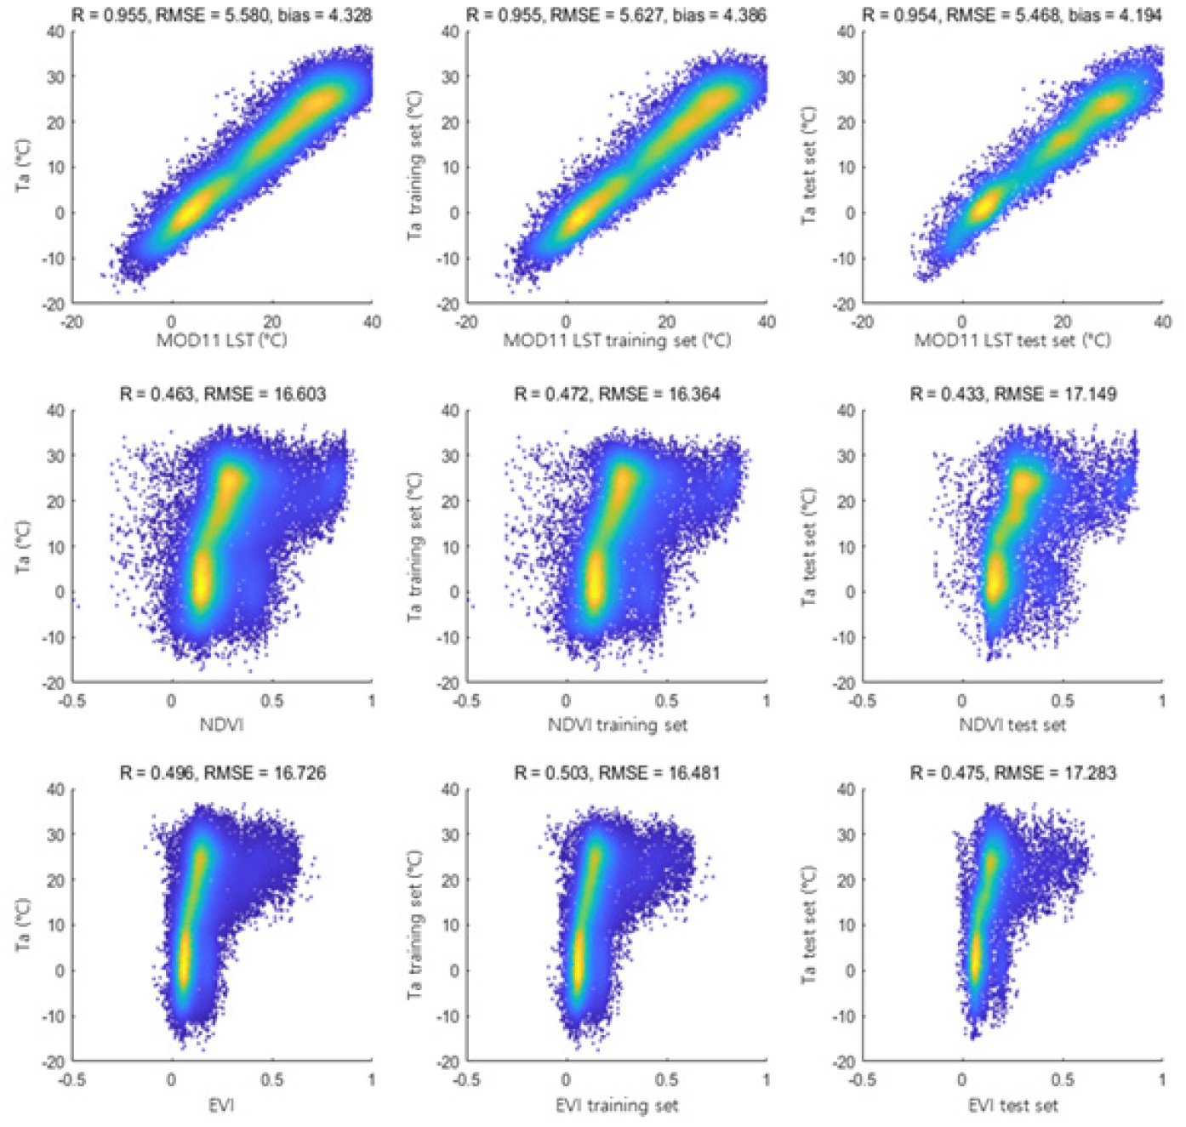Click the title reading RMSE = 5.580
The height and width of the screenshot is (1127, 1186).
[x=222, y=14]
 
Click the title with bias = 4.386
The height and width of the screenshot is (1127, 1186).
[x=617, y=14]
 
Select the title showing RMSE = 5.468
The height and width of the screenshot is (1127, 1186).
[x=1012, y=14]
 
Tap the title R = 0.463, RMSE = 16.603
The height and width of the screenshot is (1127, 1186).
[x=222, y=394]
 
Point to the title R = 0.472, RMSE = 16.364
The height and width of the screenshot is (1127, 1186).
[x=617, y=394]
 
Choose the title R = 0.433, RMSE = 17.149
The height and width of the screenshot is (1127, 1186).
[x=1012, y=394]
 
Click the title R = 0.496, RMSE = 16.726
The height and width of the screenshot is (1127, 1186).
[x=222, y=772]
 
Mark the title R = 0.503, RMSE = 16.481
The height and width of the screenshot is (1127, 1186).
[x=617, y=772]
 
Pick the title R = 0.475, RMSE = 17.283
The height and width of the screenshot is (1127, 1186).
[x=1012, y=772]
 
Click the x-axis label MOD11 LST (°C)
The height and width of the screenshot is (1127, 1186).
[x=221, y=341]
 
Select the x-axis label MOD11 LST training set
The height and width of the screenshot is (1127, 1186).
[x=617, y=341]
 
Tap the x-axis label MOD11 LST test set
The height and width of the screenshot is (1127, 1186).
[x=1012, y=341]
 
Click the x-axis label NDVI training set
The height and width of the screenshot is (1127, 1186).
[x=617, y=726]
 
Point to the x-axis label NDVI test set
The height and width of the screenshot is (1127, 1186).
[x=1012, y=726]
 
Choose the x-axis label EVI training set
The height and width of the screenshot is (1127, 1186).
[x=617, y=1105]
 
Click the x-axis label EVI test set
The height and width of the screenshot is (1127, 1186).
[x=1012, y=1105]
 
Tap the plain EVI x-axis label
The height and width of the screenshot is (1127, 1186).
[x=221, y=1105]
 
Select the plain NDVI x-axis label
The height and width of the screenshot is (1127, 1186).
[x=221, y=726]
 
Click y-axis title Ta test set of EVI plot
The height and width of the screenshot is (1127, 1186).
[x=808, y=925]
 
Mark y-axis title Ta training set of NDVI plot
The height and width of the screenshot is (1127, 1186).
[x=414, y=547]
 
